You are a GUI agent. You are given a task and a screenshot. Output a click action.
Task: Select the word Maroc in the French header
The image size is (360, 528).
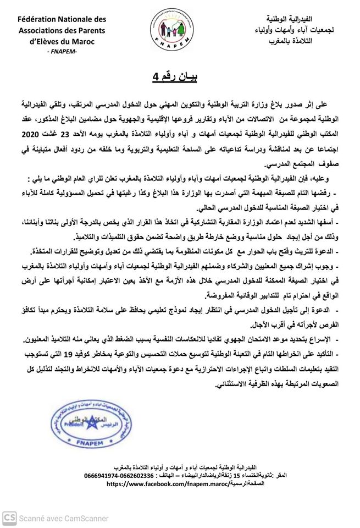coord(88,42)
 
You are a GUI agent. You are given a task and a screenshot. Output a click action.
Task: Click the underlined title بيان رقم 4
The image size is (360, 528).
coord(175,75)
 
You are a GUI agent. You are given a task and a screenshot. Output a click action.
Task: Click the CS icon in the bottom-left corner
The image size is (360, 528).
coord(9,518)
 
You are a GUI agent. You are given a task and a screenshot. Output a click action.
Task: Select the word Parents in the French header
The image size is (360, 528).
coord(90,31)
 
